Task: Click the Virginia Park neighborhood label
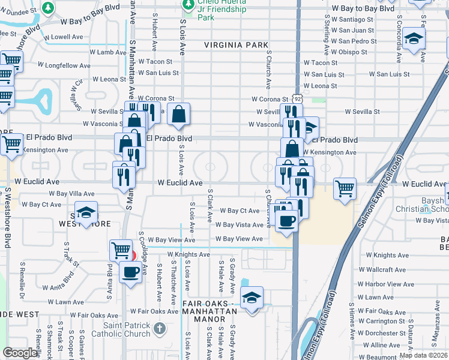pos(236,44)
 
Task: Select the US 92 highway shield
pos(297,98)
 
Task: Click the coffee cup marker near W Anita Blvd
pos(130,272)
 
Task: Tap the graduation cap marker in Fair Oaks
pos(252,297)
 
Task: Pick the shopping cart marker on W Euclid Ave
pos(345,188)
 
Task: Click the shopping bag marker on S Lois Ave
pos(179,114)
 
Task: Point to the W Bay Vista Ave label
pos(240,225)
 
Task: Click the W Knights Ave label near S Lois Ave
pos(189,254)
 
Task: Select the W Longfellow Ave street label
pos(64,65)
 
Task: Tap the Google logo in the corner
pos(20,353)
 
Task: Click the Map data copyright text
pos(423,355)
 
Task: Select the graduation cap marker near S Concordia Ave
pos(412,39)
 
